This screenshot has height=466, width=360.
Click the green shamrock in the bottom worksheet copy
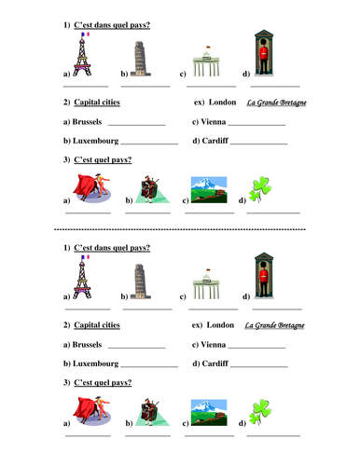[x=260, y=413]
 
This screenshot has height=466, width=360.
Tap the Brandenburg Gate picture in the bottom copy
[x=206, y=291]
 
